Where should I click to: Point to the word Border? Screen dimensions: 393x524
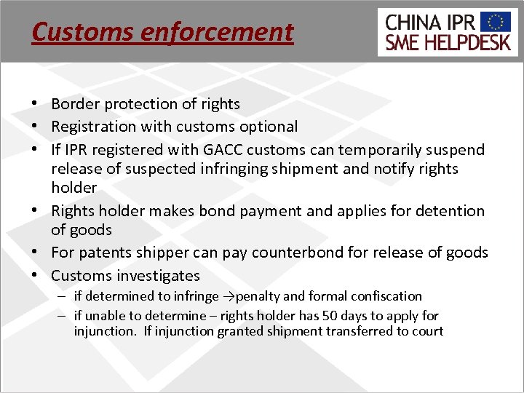click(x=74, y=104)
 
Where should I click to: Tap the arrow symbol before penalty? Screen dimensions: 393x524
click(x=227, y=296)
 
